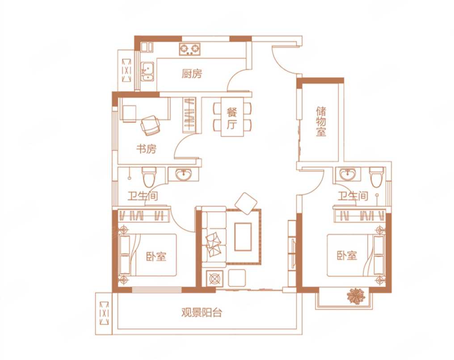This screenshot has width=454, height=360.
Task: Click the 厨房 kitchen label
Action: coord(192,74)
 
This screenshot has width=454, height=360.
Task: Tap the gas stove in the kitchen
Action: coord(190,49)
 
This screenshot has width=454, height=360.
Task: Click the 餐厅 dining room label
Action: coord(232,118)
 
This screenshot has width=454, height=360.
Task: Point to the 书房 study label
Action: coord(146,149)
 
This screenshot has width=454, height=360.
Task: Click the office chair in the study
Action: coord(150,126)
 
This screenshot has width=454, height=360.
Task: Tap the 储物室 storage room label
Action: coord(321,121)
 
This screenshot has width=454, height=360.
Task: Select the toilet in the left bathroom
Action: coord(149,177)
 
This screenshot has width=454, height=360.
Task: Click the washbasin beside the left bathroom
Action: coord(183,175)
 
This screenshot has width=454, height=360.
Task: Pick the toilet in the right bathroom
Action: coord(377,177)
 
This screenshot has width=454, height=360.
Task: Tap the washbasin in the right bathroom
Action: coord(347,174)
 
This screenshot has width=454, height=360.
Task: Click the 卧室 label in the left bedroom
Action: coord(156,256)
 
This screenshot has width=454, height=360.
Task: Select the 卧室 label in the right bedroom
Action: coord(347,255)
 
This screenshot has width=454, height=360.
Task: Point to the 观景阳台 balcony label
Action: coord(202,313)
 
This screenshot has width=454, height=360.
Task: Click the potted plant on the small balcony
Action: coord(356,296)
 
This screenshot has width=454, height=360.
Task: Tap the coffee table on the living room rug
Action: coord(243,237)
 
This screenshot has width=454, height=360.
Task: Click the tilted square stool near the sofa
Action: coord(246,204)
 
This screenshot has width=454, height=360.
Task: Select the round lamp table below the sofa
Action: coord(214,278)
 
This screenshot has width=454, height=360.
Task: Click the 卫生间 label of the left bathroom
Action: coord(143,196)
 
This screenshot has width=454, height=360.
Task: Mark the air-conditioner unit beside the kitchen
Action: coord(126,70)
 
